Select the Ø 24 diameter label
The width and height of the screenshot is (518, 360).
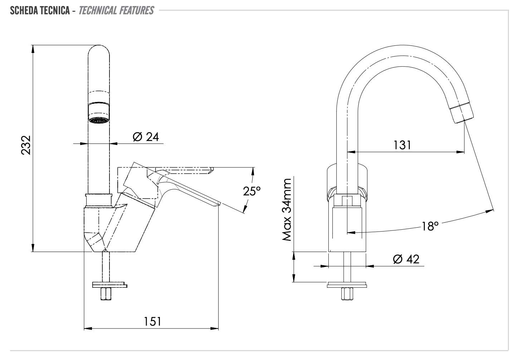146,137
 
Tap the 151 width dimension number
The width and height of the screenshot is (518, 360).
153,321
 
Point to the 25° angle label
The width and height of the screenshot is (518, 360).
252,191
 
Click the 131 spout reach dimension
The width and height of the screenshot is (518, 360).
402,145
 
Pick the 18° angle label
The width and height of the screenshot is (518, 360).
430,227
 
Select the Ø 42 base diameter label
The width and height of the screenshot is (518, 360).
406,259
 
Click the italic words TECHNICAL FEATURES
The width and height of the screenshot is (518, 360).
116,10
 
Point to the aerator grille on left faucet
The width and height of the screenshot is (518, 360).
98,120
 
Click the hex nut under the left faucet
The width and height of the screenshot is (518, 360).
106,294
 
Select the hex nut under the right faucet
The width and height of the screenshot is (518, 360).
347,294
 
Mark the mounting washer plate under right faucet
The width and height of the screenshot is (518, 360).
347,285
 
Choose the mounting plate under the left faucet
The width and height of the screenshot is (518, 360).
109,285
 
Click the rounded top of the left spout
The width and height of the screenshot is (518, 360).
98,48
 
